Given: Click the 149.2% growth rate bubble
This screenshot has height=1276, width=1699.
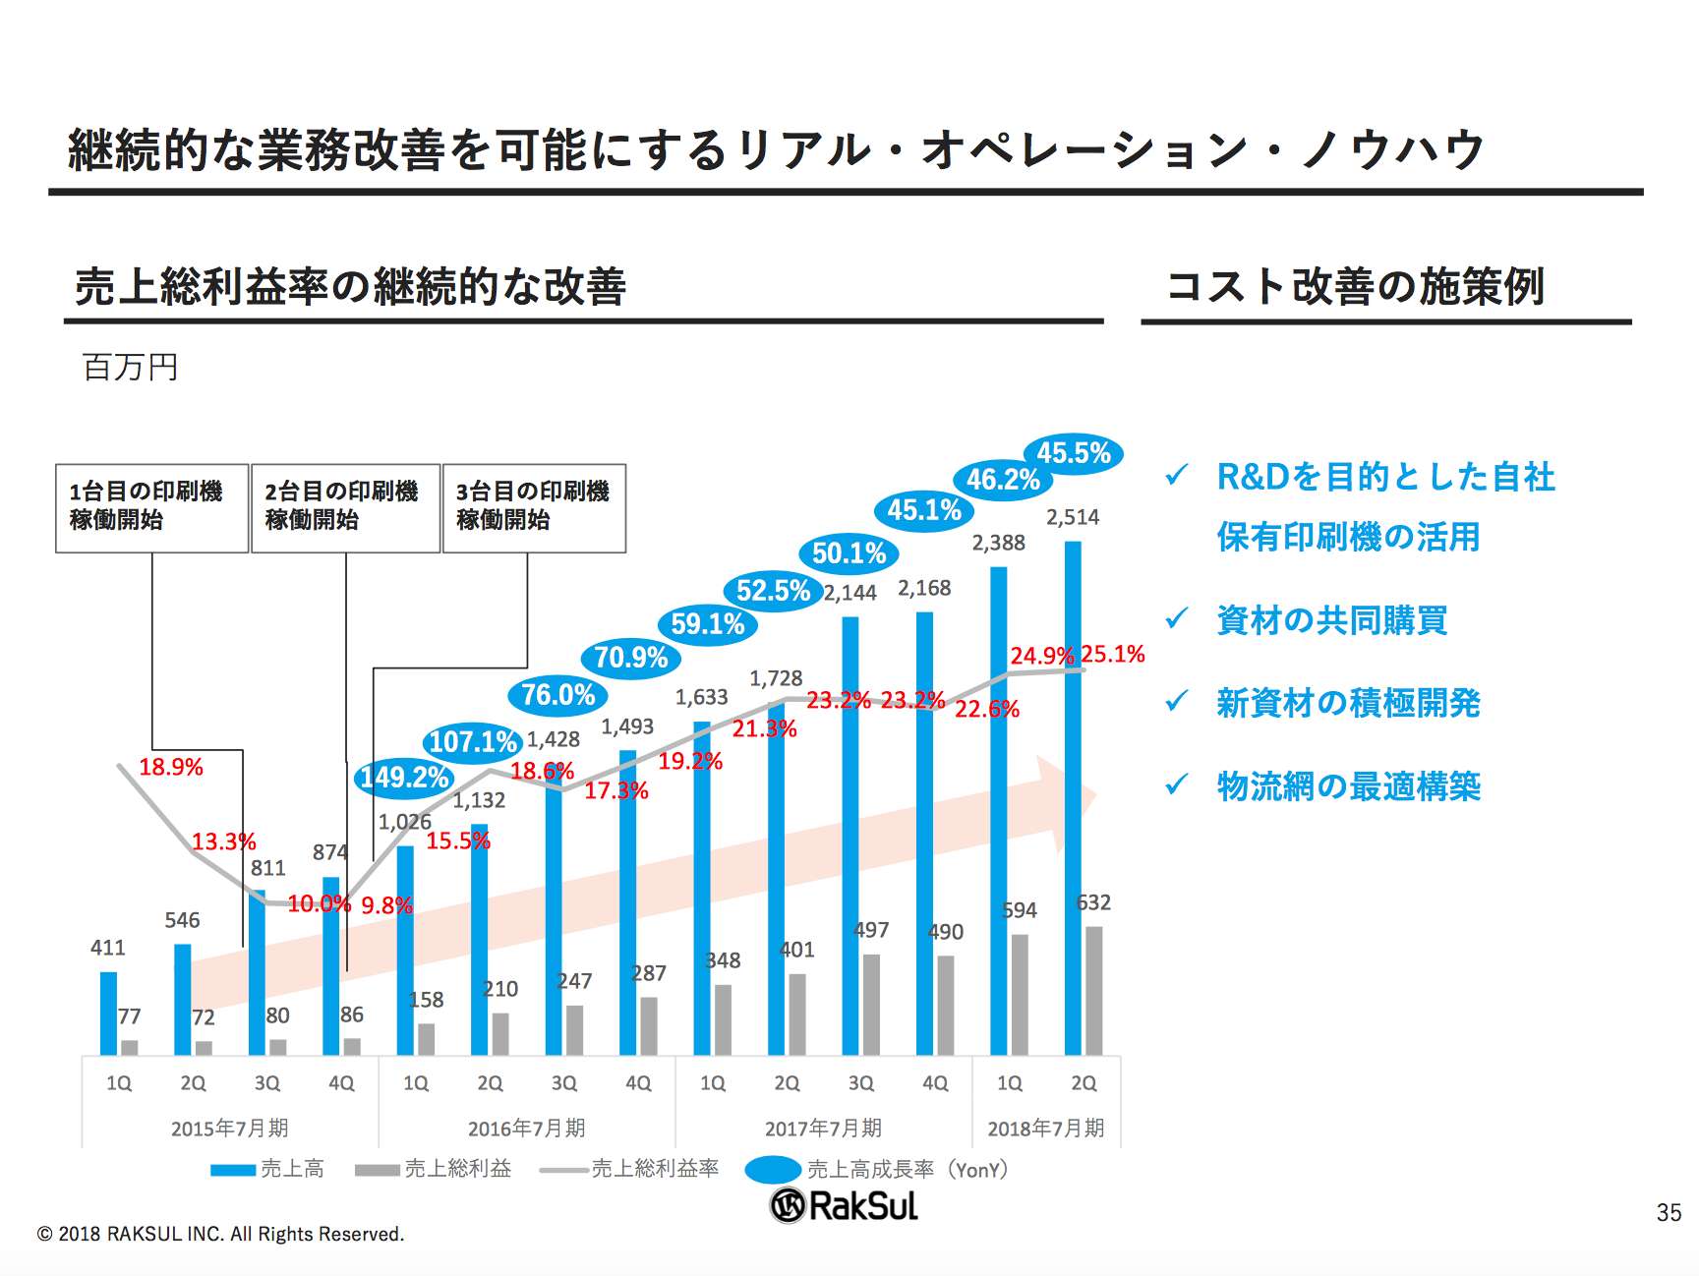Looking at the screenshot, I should pos(404,778).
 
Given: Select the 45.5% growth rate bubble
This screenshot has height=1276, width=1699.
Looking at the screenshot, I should pos(1074,453).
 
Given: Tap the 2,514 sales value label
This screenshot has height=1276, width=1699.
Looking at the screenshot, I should pos(1073,517).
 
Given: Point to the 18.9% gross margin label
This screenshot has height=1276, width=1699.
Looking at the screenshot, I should pos(171,767).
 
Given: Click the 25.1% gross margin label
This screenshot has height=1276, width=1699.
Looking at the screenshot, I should pos(1113,654).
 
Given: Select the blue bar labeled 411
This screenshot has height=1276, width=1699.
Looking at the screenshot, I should pos(108,1013).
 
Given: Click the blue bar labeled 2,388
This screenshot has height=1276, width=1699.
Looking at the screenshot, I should pos(999,811).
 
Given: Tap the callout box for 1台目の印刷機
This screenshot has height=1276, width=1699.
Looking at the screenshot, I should pos(151,507).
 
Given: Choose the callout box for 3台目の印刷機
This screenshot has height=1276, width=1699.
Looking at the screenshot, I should pos(534,507).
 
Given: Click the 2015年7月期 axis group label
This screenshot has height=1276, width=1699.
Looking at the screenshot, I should pos(229,1128).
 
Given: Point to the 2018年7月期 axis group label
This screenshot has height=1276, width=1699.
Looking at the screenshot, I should pos(1045,1128).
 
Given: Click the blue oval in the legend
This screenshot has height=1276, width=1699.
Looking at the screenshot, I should pos(773,1169).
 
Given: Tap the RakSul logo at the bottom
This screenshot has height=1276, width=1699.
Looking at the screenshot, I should pos(844,1205).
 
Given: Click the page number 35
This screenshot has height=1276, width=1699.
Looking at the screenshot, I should pos(1669,1212).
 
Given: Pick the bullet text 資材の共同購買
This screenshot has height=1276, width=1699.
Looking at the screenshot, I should pos(1332,620).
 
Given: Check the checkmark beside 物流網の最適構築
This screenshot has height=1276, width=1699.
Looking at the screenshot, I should pos(1176,784).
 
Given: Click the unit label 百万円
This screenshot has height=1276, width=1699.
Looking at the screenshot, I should pos(130,367).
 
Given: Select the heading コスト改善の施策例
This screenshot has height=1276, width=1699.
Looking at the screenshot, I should pos(1355,286).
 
